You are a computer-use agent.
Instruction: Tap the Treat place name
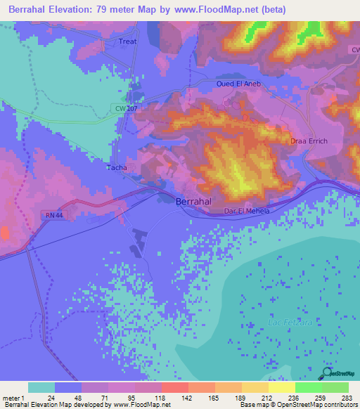click(127, 41)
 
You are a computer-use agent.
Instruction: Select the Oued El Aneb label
click(238, 83)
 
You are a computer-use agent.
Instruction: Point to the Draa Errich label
click(309, 141)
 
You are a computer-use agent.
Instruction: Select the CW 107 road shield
click(125, 108)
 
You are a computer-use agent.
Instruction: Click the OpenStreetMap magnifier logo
click(328, 372)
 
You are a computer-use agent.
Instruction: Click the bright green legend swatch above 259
click(308, 387)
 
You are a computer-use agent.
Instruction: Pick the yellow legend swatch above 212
click(255, 387)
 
